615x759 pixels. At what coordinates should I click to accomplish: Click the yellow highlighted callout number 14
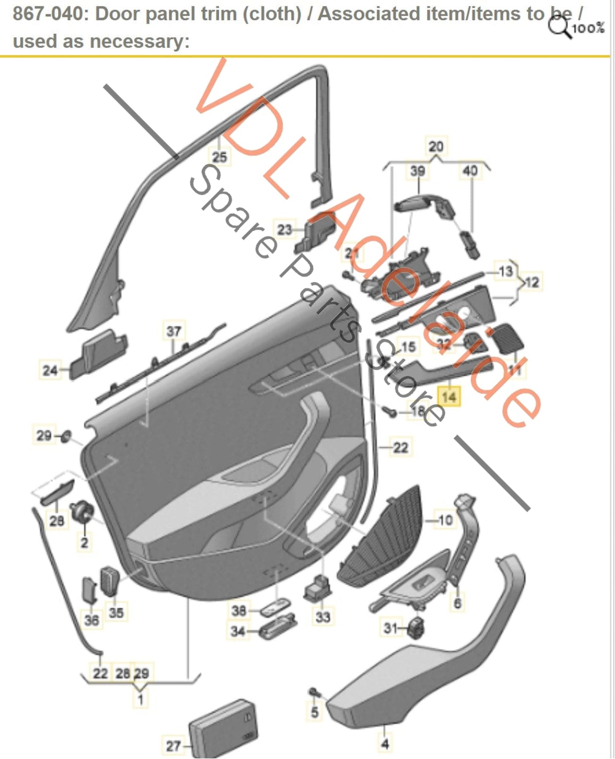[x=449, y=397]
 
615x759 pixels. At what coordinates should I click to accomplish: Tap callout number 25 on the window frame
[x=219, y=157]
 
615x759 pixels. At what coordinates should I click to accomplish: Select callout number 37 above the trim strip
[x=174, y=331]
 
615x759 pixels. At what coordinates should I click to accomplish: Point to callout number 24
[x=50, y=370]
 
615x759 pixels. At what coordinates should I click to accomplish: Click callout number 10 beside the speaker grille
[x=445, y=520]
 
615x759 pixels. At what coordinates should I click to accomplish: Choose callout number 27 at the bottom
[x=173, y=746]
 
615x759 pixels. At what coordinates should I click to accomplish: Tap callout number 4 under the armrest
[x=385, y=744]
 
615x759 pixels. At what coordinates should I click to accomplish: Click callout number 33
[x=323, y=616]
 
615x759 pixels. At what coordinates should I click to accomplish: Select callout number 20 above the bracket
[x=436, y=147]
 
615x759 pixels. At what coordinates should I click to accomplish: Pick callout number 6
[x=458, y=602]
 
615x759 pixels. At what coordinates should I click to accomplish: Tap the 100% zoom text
[x=588, y=29]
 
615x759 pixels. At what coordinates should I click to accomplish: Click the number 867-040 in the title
[x=48, y=14]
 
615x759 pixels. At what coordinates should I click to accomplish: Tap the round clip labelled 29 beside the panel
[x=66, y=436]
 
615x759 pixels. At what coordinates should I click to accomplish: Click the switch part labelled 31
[x=415, y=627]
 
